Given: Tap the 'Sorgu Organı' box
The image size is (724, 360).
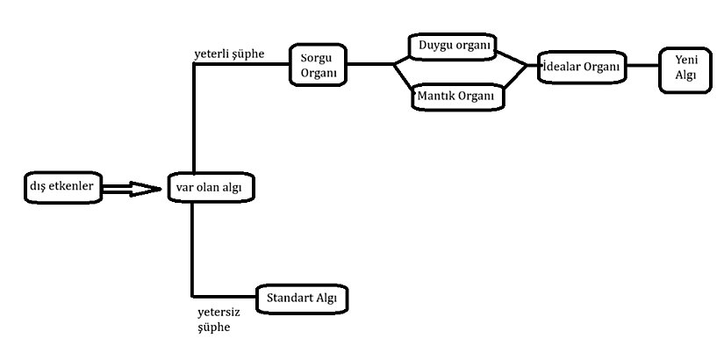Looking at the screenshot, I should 318,65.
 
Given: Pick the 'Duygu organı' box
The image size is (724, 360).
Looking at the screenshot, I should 454,45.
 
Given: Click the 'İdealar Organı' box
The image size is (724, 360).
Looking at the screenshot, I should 582,67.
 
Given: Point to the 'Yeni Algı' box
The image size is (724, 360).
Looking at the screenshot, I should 685,68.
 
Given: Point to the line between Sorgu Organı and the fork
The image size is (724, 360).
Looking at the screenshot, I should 369,65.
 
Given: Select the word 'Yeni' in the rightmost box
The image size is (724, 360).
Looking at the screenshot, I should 685,61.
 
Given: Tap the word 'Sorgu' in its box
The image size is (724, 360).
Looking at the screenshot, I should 318,58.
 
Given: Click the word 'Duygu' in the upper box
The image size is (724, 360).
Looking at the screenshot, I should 436,45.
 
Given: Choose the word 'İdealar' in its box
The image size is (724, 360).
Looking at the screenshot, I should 563,67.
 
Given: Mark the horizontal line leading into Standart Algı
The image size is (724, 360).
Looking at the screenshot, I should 224,294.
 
